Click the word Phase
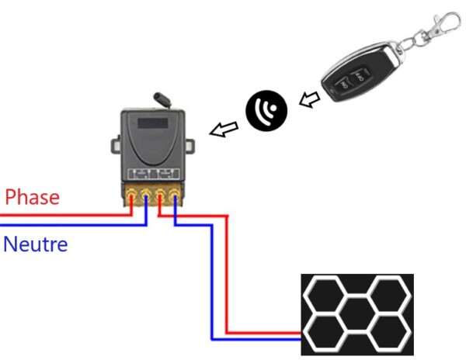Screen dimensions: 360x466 [x=32, y=197]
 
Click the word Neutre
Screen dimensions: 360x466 [x=36, y=245]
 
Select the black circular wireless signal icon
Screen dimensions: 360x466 [x=266, y=109]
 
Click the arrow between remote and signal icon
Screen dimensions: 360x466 [x=309, y=99]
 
